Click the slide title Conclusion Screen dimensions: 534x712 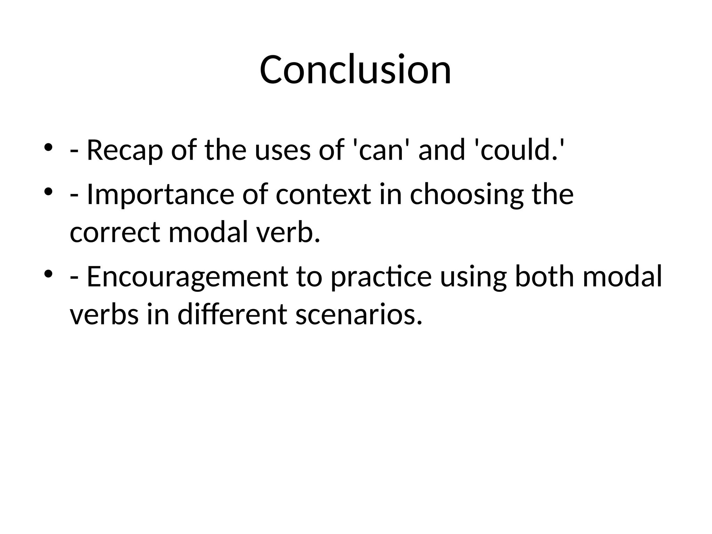[355, 70]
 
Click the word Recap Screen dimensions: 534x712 [124, 150]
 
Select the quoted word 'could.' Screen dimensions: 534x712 [518, 150]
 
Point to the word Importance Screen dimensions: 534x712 [160, 194]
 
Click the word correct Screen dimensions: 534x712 [115, 232]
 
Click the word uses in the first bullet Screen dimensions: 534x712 [282, 150]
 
